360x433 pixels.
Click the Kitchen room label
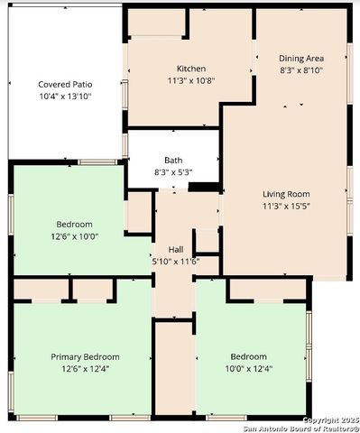pos(190,69)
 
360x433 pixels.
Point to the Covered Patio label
pos(65,84)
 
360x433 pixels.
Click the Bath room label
pos(173,160)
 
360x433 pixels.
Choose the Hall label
pos(176,250)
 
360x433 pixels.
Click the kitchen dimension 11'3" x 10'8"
pos(190,80)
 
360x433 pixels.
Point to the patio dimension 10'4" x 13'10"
pos(65,96)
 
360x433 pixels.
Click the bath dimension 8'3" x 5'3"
pos(173,171)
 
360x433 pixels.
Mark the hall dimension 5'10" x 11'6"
pos(176,262)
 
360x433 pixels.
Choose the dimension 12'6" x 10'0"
pos(74,235)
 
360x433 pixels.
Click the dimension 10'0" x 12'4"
pos(248,368)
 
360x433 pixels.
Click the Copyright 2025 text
pos(329,419)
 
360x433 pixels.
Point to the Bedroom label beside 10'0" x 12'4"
pos(248,356)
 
